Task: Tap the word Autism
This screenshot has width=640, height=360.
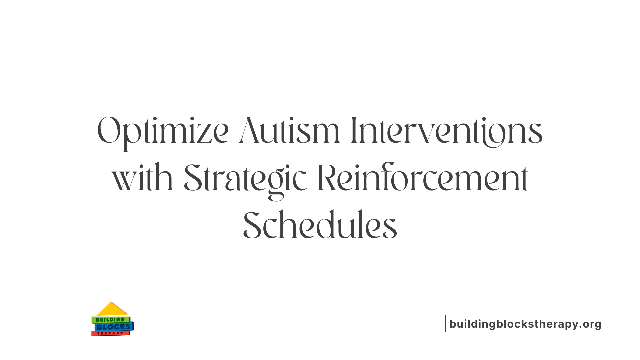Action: [289, 131]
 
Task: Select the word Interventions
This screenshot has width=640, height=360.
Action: [447, 131]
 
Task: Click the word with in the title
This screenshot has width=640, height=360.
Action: [142, 178]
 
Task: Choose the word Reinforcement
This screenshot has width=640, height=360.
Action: [423, 178]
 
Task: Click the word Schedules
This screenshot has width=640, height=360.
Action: [320, 225]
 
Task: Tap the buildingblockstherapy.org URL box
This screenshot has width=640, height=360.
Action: [525, 324]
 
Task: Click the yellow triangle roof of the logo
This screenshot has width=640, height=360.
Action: [112, 310]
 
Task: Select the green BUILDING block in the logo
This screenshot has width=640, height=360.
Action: [110, 320]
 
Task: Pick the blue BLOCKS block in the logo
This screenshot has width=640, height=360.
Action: [114, 327]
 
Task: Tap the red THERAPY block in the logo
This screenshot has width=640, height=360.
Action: [110, 333]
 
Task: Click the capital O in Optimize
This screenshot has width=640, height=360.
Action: [108, 130]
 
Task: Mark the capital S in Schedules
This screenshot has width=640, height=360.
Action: [252, 225]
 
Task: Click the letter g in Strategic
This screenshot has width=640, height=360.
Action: [277, 185]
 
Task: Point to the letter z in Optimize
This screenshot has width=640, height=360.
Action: [204, 135]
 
